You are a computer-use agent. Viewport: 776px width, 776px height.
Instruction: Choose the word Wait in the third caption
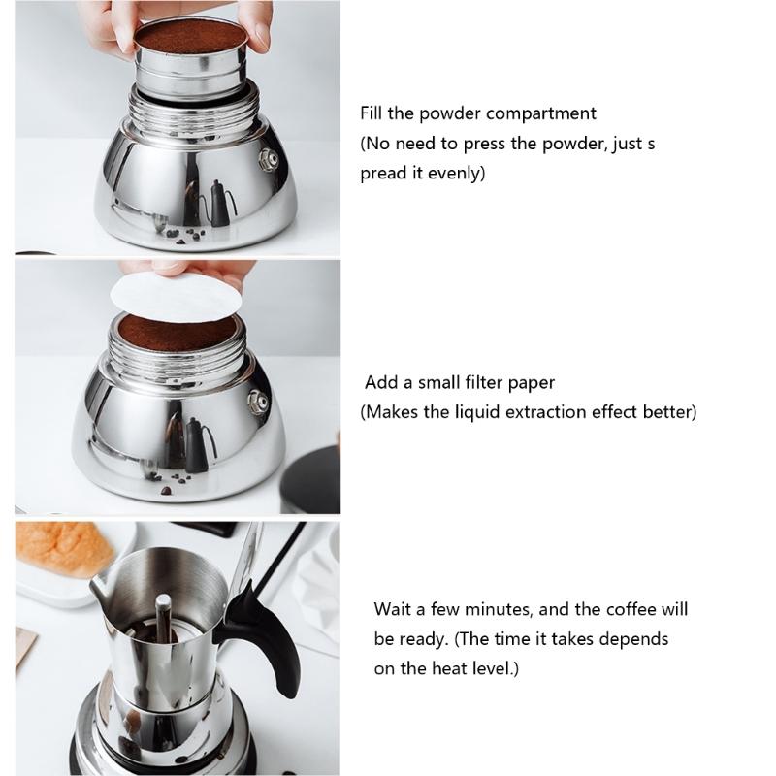tap(394, 610)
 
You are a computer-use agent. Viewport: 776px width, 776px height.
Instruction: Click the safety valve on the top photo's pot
tap(268, 155)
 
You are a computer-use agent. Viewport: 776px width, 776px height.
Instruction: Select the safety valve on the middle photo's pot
tap(257, 399)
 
